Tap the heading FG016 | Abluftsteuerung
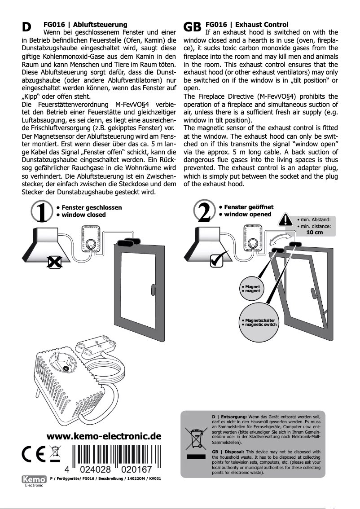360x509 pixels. pos(85,24)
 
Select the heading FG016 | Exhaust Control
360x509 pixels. pos(246,24)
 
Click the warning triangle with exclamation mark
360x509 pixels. pos(285,220)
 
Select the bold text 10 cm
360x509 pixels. pos(314,233)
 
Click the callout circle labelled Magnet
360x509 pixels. pos(251,289)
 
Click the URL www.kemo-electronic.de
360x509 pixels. pos(104,436)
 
